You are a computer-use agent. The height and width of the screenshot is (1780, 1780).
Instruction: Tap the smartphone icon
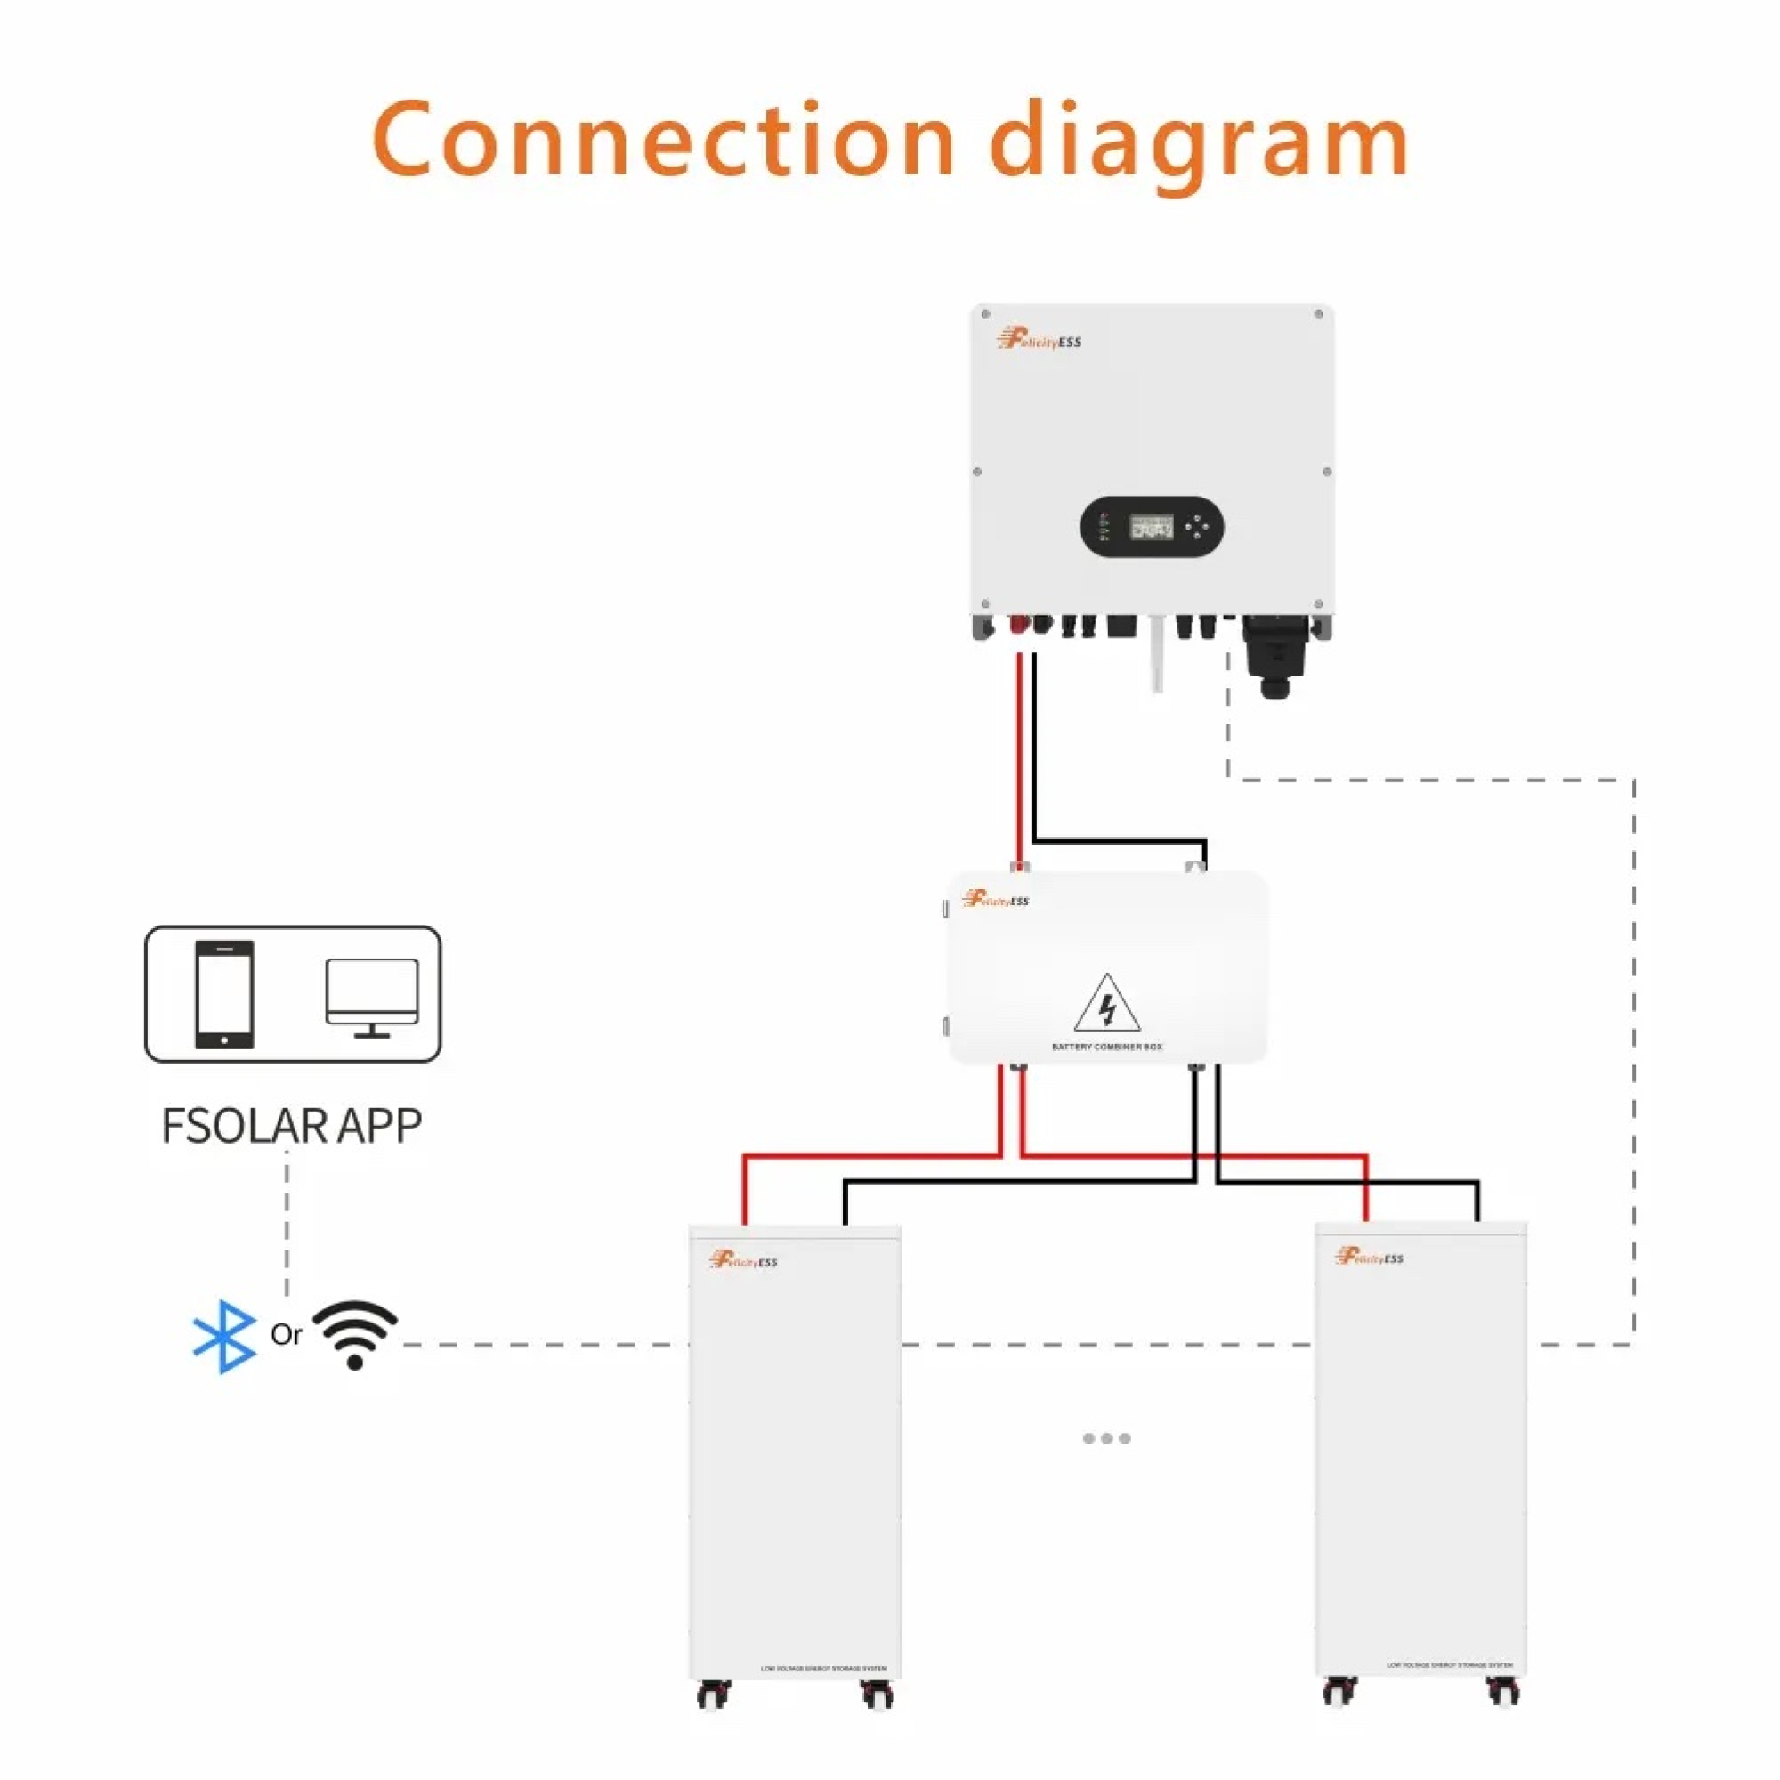click(224, 994)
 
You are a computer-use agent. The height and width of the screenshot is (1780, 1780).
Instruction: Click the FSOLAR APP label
click(291, 1126)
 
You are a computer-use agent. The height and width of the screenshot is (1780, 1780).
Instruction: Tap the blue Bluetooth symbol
click(224, 1337)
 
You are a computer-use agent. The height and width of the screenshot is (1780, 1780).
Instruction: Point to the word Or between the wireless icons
click(286, 1335)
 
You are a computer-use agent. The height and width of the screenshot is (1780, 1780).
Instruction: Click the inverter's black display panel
click(1151, 527)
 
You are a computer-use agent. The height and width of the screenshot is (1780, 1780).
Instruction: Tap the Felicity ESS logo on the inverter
click(1040, 340)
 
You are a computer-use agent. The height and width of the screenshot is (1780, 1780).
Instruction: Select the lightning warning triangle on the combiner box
click(1106, 1003)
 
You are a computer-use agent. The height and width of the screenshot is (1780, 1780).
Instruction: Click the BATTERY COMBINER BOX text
click(1106, 1048)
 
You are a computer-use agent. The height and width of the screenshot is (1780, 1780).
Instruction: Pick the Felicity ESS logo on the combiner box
click(995, 899)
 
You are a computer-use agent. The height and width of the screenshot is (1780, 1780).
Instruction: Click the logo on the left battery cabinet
click(743, 1260)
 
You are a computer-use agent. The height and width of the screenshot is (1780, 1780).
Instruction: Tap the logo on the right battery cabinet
click(1369, 1257)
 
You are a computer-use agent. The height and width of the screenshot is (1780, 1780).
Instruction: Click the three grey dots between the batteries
click(1106, 1438)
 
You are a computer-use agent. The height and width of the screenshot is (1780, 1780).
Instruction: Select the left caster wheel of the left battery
click(714, 1694)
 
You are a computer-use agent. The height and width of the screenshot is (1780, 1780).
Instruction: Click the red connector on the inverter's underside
click(1018, 625)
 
